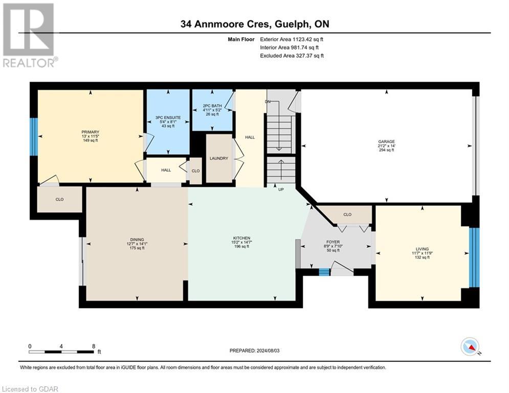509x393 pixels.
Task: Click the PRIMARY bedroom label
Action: coord(90,132)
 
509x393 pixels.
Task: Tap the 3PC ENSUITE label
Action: coord(168,118)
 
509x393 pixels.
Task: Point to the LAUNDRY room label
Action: coord(219,158)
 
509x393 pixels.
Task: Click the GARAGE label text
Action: coord(386,142)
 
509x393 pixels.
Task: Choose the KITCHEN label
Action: coord(241,238)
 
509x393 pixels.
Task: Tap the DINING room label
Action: coord(137,239)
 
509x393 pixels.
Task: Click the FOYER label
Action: coord(333,242)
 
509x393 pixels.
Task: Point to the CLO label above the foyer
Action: coord(347,214)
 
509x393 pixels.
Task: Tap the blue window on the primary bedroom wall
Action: coord(33,137)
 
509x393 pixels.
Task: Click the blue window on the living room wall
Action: coord(474,257)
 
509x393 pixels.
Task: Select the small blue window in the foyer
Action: coord(324,272)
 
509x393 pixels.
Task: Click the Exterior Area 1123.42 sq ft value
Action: coord(292,39)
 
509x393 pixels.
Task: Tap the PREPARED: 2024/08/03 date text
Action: coord(254,350)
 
